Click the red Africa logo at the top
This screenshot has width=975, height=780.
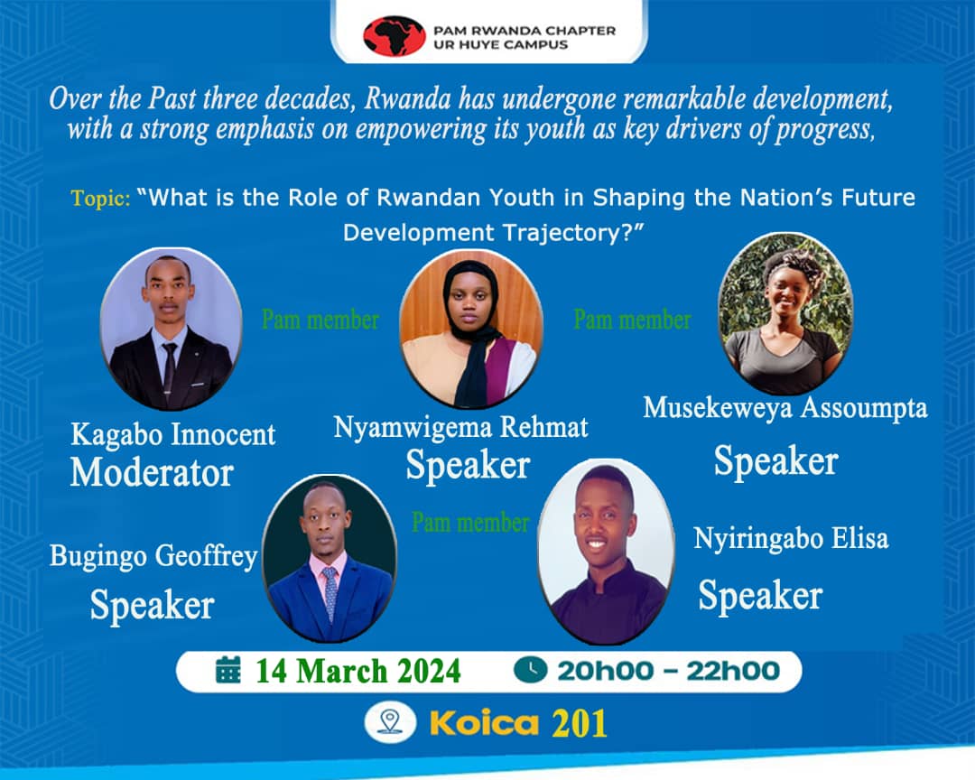[394, 36]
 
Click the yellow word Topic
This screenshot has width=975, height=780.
[101, 198]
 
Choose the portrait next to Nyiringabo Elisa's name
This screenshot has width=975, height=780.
[606, 550]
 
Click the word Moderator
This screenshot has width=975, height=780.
[152, 472]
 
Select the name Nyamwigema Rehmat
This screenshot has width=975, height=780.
[461, 426]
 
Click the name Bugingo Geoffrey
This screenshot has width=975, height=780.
[153, 555]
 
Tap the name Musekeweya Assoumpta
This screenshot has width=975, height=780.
[785, 408]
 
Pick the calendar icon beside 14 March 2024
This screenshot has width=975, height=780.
[229, 671]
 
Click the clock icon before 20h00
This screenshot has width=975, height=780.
[531, 670]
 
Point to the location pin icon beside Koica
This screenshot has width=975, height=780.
[390, 722]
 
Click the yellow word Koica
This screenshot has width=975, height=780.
[484, 723]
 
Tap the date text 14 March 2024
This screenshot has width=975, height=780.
[357, 672]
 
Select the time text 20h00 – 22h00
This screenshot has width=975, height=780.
[668, 671]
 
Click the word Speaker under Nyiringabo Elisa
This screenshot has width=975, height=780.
[759, 596]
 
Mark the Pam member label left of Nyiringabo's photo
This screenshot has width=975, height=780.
[470, 522]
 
